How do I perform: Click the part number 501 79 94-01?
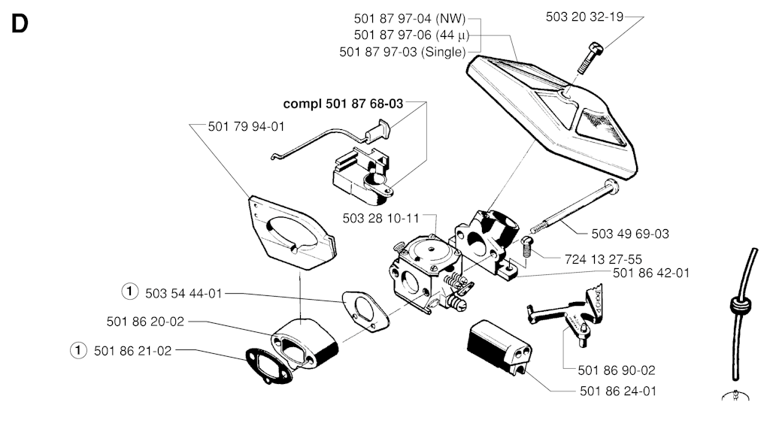pos(246,126)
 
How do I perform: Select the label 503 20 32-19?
pos(584,17)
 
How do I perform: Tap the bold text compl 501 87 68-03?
pos(342,104)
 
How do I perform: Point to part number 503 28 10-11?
pos(380,218)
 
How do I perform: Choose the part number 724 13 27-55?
pos(602,258)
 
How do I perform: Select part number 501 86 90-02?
pos(617,370)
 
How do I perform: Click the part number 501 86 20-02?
pos(145,322)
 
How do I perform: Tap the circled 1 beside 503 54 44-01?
pos(130,292)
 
